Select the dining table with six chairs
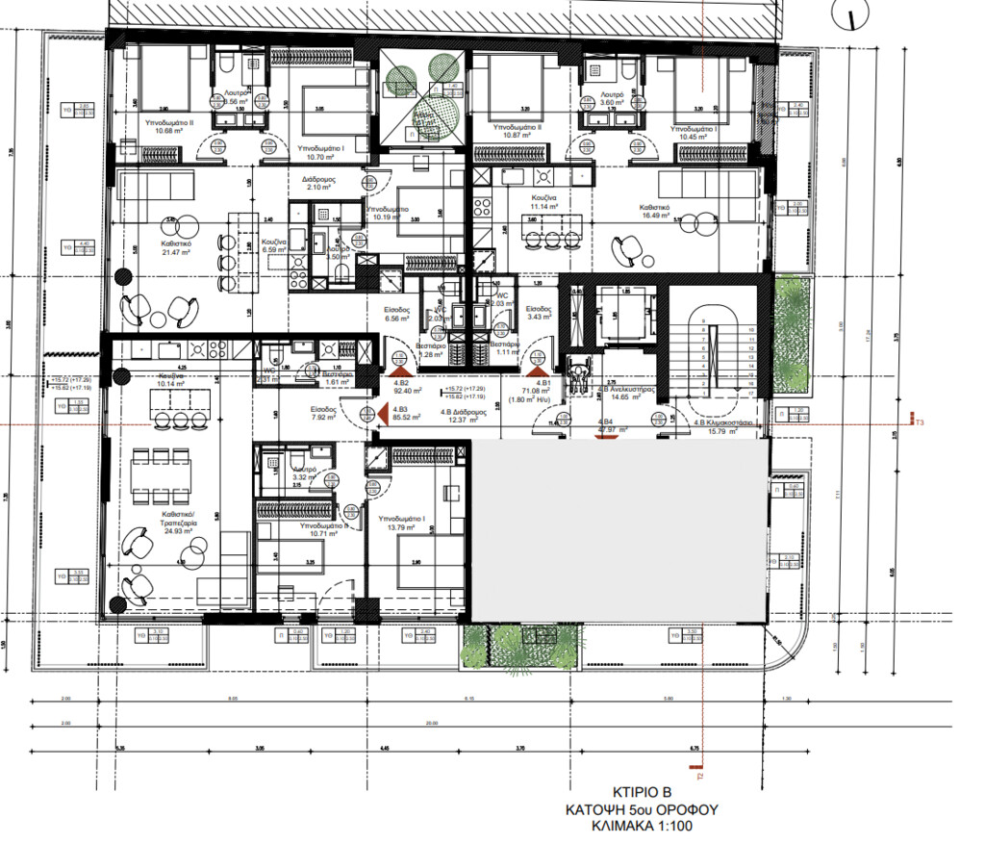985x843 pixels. coord(161,473)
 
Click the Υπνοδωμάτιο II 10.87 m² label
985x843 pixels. coord(517,132)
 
